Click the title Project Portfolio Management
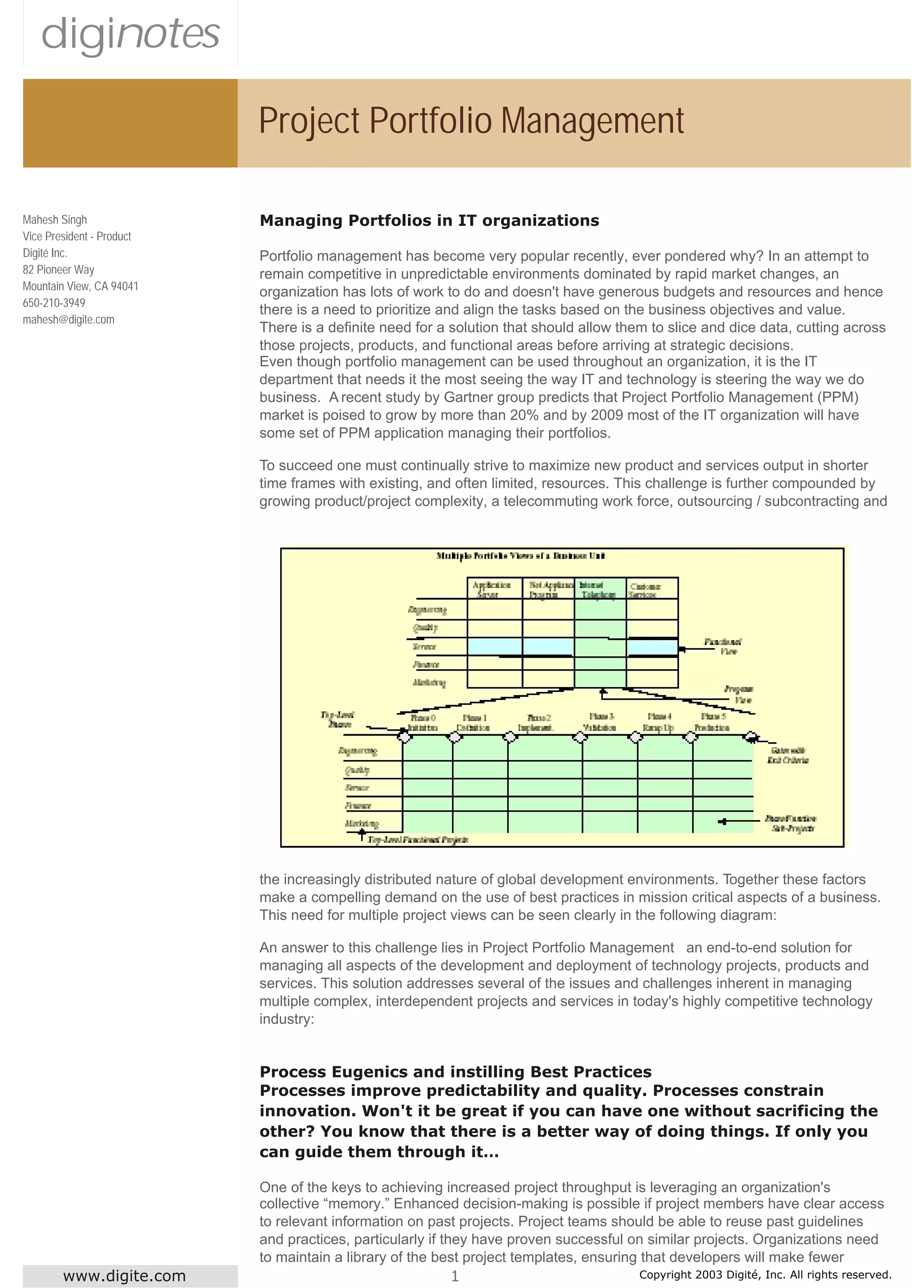point(471,121)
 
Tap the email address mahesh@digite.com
point(69,320)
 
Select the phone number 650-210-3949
point(54,303)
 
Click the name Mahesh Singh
point(54,219)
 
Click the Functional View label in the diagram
point(725,646)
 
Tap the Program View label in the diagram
point(740,694)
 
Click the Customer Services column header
point(645,589)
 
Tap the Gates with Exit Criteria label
point(787,755)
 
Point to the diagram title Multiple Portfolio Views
point(521,556)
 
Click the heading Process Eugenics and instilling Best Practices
point(455,1071)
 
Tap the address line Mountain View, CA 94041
point(80,286)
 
